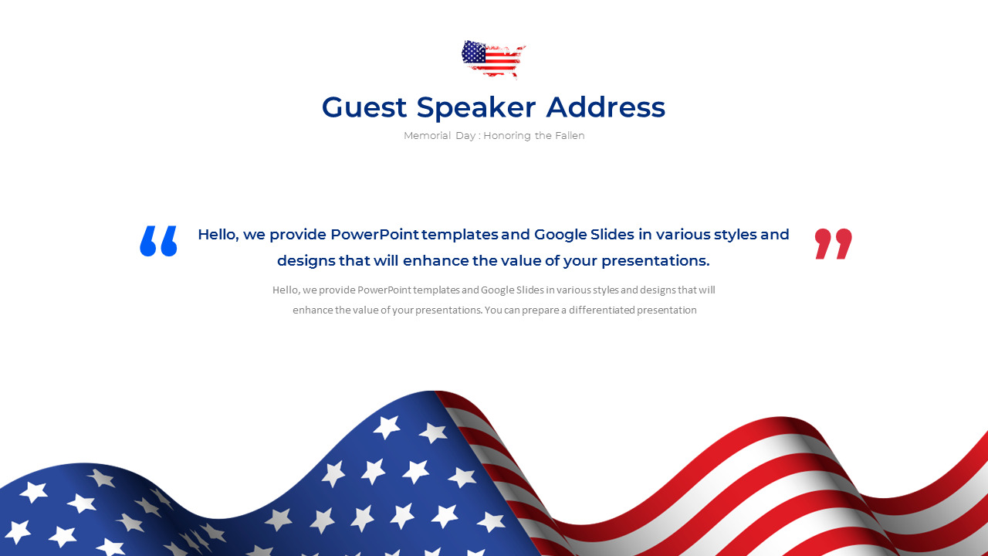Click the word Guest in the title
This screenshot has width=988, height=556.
(x=364, y=107)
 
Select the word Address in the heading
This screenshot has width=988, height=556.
(x=605, y=107)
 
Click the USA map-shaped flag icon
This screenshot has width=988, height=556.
(x=493, y=59)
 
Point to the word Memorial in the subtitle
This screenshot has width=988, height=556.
(x=424, y=136)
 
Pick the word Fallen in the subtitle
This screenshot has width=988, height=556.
(x=569, y=136)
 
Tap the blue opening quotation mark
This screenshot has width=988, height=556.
(x=158, y=241)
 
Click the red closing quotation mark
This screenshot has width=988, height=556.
(x=834, y=243)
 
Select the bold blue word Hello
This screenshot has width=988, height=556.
(x=218, y=235)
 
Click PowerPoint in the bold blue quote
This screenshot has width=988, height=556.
(x=375, y=235)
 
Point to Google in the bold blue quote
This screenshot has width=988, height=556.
(x=560, y=235)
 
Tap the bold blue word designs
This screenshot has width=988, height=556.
(x=306, y=261)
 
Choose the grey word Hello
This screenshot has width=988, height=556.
(x=286, y=290)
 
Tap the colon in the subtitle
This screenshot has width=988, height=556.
(x=479, y=136)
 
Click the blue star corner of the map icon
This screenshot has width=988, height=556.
(x=474, y=53)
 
